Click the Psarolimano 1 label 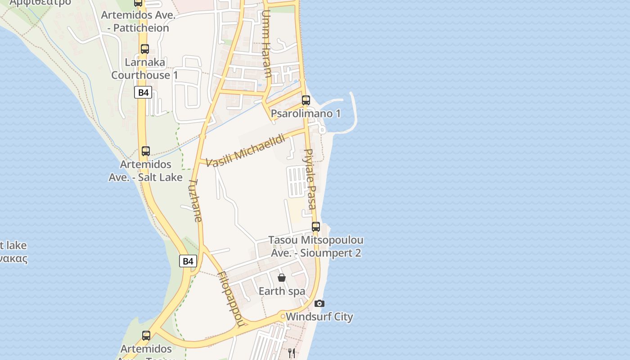tap(306, 113)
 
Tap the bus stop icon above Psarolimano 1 tap(306, 100)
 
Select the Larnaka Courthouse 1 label tap(144, 68)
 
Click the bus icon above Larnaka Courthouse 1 tap(145, 49)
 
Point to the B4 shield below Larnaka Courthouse tap(143, 93)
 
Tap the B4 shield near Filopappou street tap(188, 261)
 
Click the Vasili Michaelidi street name tap(246, 150)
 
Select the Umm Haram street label tap(266, 44)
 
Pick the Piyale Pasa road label tap(310, 179)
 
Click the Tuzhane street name tap(195, 201)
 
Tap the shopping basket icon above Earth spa tap(282, 278)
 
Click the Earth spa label tap(282, 291)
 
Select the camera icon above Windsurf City tap(319, 303)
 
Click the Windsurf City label tap(319, 317)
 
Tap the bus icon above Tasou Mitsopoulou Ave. tap(316, 226)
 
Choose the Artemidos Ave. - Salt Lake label tap(145, 171)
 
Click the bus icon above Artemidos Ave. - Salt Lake tap(146, 151)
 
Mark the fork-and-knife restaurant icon tap(292, 353)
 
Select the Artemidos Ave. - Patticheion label tap(135, 21)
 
